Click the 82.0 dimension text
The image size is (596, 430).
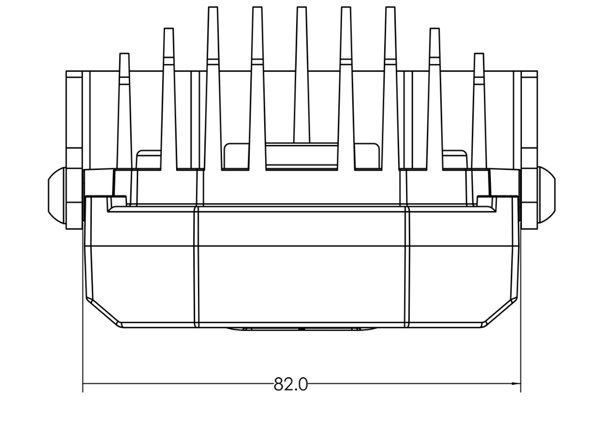(291, 384)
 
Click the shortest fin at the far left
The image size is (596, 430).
(124, 107)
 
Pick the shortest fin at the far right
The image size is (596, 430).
(479, 107)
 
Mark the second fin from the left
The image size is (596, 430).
(168, 96)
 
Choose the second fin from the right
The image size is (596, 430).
(434, 96)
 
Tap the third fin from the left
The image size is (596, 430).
(212, 85)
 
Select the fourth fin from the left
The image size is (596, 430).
(257, 85)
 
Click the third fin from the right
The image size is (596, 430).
(390, 85)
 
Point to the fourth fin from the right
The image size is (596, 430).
(346, 85)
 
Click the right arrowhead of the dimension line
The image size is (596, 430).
(516, 383)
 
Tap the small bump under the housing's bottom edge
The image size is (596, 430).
(301, 329)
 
